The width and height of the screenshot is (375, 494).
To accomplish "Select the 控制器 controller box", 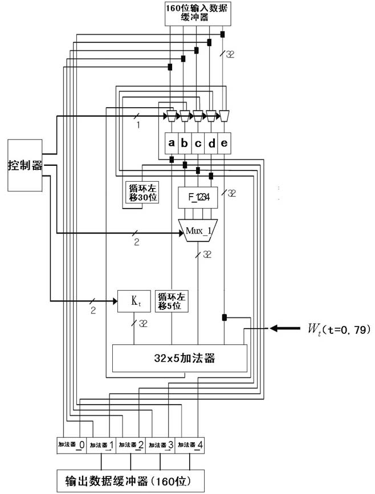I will click(25, 165).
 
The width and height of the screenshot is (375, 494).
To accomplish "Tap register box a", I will click(171, 144).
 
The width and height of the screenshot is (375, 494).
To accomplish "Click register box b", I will click(184, 144).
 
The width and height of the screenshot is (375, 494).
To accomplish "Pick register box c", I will click(198, 144).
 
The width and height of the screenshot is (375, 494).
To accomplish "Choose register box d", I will click(211, 144).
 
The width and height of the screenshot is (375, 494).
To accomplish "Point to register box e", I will click(225, 144).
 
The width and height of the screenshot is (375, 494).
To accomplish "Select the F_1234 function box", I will click(198, 197).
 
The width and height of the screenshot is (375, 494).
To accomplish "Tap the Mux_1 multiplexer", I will click(198, 230).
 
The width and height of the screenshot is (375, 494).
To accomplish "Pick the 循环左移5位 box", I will click(173, 300).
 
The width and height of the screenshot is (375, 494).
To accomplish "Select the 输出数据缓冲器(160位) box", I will click(131, 481).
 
